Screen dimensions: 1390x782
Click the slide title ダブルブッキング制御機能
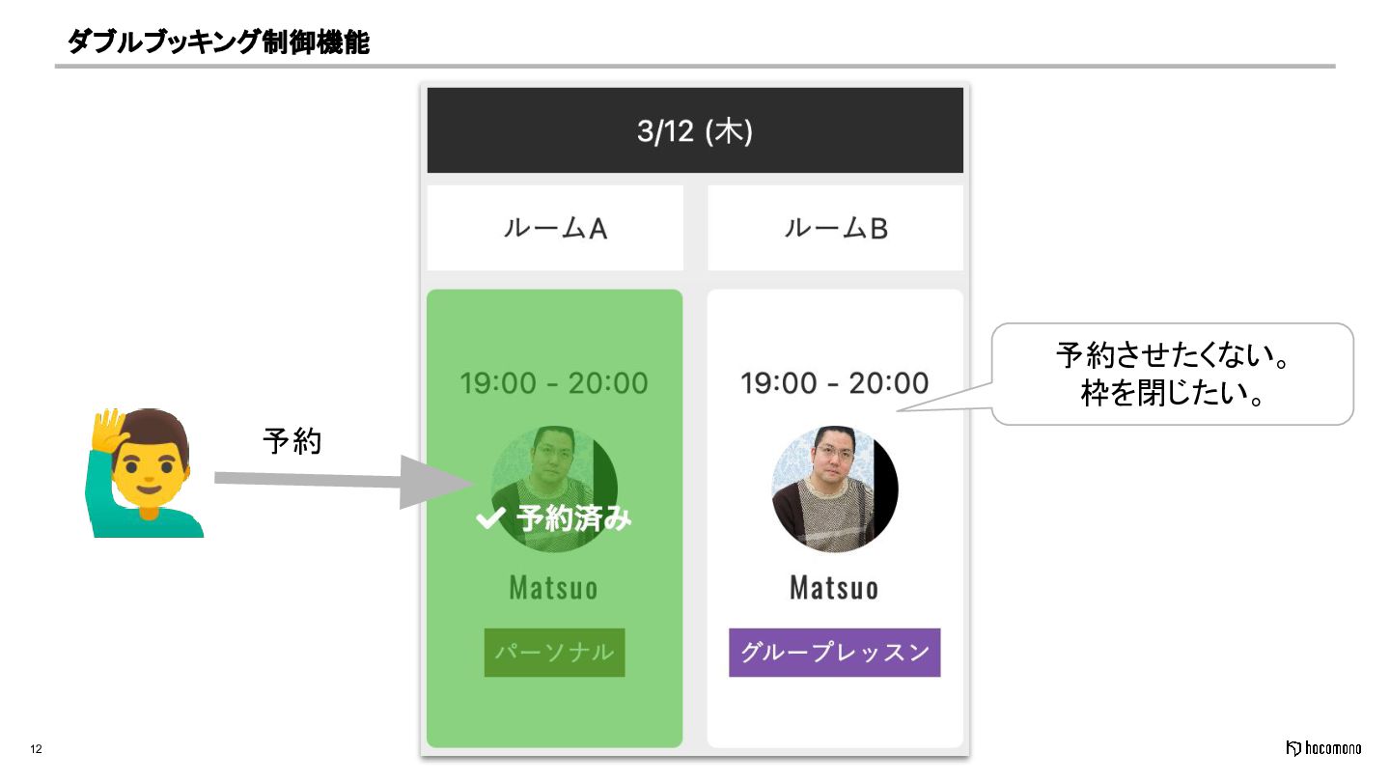[218, 42]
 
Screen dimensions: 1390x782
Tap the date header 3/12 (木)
[694, 131]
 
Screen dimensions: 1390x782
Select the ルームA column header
[555, 229]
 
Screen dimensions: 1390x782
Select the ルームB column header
[835, 229]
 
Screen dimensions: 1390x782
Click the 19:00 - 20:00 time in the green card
[554, 383]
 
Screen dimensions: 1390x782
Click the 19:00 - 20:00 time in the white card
[834, 383]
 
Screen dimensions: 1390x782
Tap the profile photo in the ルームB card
[834, 489]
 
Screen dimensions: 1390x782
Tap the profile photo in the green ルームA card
[554, 463]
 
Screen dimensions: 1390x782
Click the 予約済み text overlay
[573, 519]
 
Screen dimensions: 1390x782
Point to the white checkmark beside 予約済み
[490, 519]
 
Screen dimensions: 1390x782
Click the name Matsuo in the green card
[554, 587]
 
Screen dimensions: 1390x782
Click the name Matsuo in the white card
[834, 587]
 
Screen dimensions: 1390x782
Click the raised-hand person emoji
[145, 472]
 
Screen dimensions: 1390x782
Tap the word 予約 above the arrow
[292, 442]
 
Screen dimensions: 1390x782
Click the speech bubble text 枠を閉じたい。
[1172, 394]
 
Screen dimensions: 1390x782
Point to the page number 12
[37, 749]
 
